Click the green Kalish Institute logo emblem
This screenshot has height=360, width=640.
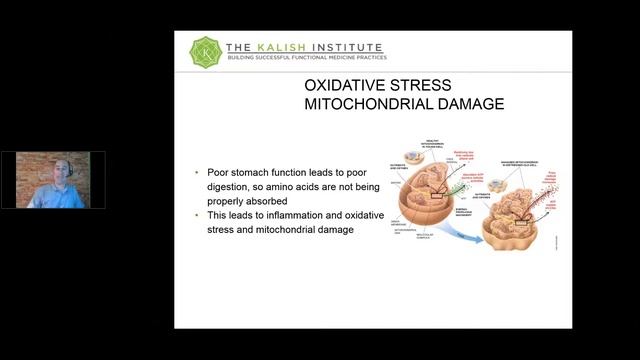click(205, 50)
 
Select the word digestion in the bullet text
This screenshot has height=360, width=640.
click(229, 186)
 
